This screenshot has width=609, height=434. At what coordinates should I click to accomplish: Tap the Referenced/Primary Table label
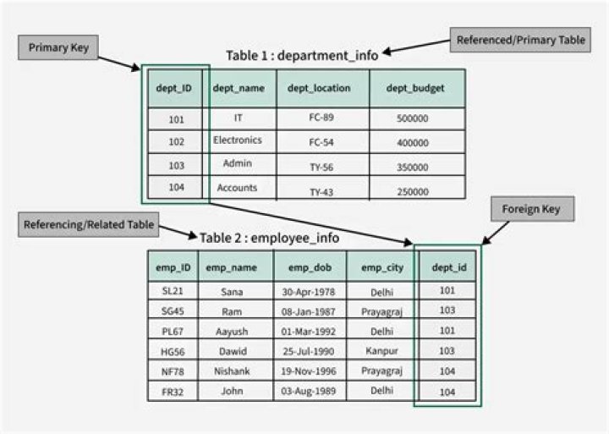click(x=520, y=40)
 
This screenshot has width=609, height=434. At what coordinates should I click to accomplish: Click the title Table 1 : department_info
click(x=302, y=55)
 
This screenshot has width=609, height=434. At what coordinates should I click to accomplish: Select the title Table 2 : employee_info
click(x=269, y=238)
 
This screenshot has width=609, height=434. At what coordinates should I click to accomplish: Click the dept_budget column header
click(x=416, y=88)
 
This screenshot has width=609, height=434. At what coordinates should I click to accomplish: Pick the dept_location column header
click(x=322, y=88)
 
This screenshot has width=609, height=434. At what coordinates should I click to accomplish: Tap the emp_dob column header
click(x=310, y=268)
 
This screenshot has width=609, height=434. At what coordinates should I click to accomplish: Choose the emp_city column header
click(x=380, y=268)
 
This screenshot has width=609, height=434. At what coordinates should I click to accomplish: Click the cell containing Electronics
click(x=238, y=140)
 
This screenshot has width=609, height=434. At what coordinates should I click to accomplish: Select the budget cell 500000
click(x=412, y=118)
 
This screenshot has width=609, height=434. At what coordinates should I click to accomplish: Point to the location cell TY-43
click(x=321, y=192)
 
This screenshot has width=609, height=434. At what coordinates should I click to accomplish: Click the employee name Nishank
click(x=232, y=371)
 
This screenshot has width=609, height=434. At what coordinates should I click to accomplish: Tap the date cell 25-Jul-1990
click(x=310, y=350)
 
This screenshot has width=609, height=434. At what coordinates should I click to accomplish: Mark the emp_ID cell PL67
click(x=173, y=331)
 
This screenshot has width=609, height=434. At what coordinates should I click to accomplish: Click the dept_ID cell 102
click(x=176, y=142)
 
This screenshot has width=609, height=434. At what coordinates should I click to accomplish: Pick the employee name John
click(x=232, y=391)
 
